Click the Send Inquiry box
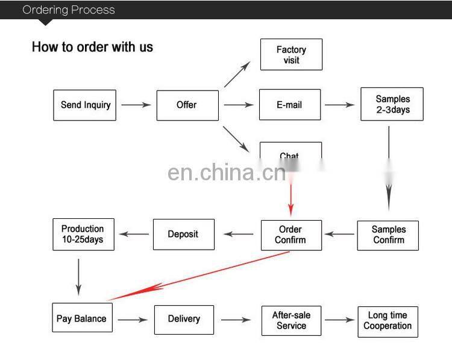click(84, 105)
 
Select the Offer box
click(186, 105)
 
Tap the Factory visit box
click(291, 55)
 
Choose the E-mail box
click(289, 105)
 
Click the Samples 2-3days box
click(392, 104)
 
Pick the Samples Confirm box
click(388, 235)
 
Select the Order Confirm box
click(290, 235)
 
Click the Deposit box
click(183, 234)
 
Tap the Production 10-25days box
click(83, 234)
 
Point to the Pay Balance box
click(81, 319)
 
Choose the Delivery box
click(184, 319)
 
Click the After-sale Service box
click(291, 320)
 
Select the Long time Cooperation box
click(388, 320)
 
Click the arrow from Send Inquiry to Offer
click(136, 105)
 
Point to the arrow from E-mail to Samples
click(340, 105)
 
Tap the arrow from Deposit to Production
click(133, 235)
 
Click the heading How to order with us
click(92, 47)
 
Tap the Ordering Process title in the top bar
click(68, 10)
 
